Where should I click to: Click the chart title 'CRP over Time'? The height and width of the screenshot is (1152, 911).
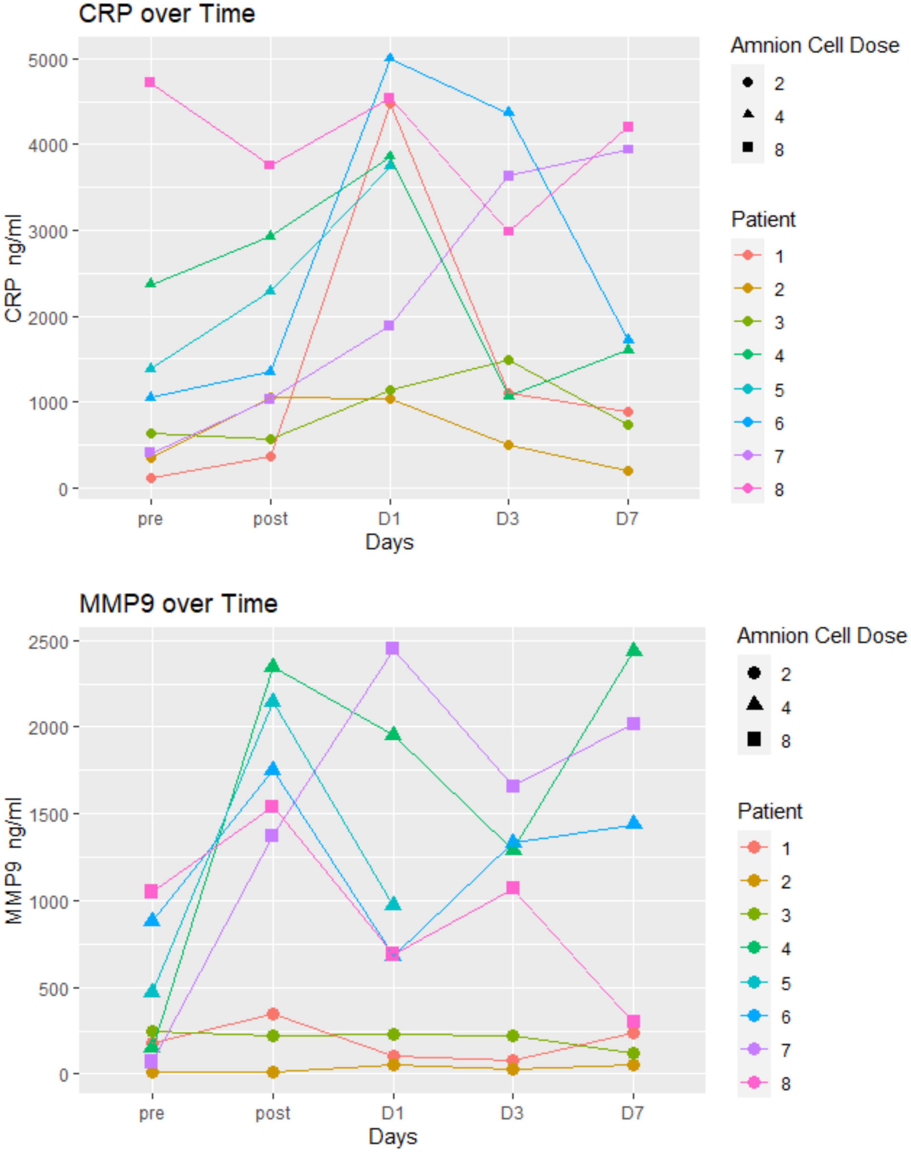click(x=166, y=14)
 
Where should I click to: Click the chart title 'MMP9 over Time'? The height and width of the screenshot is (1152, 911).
click(x=178, y=604)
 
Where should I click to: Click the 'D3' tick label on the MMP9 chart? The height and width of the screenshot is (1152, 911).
click(x=512, y=1113)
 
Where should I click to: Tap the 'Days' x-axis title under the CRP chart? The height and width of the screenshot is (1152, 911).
click(x=389, y=542)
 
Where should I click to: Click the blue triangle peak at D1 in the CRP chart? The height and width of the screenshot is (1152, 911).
click(x=390, y=58)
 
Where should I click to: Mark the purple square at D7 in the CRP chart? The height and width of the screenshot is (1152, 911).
click(x=628, y=149)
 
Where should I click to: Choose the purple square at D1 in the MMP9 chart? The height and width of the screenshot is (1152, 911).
click(x=393, y=648)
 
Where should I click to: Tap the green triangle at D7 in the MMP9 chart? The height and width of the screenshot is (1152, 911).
click(x=634, y=649)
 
